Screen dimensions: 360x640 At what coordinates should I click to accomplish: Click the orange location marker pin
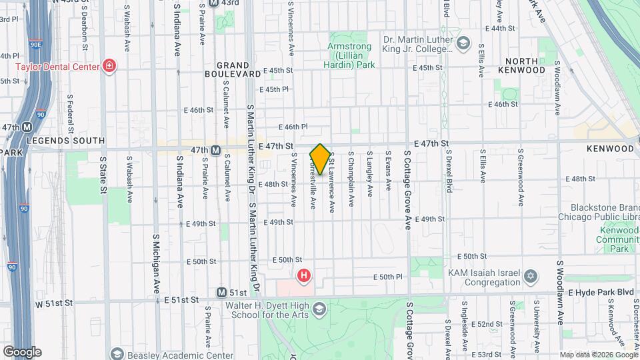pyautogui.click(x=320, y=159)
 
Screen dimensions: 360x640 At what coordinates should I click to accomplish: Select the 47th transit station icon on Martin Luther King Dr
pyautogui.click(x=215, y=150)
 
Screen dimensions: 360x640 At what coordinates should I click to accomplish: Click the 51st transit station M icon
pyautogui.click(x=221, y=293)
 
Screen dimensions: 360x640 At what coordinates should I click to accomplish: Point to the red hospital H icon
pyautogui.click(x=304, y=275)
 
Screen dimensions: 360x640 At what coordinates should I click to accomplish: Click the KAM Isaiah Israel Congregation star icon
pyautogui.click(x=531, y=276)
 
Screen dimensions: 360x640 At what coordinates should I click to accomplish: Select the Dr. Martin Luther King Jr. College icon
pyautogui.click(x=462, y=43)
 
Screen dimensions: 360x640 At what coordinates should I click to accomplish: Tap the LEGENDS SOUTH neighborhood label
pyautogui.click(x=65, y=141)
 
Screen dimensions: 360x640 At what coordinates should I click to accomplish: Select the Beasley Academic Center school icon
pyautogui.click(x=117, y=354)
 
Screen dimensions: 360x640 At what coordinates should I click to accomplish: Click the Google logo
pyautogui.click(x=22, y=352)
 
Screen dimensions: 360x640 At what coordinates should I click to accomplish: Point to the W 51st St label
pyautogui.click(x=53, y=303)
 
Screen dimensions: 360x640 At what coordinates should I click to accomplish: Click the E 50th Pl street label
pyautogui.click(x=389, y=277)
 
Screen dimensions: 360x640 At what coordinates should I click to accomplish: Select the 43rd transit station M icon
pyautogui.click(x=213, y=3)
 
